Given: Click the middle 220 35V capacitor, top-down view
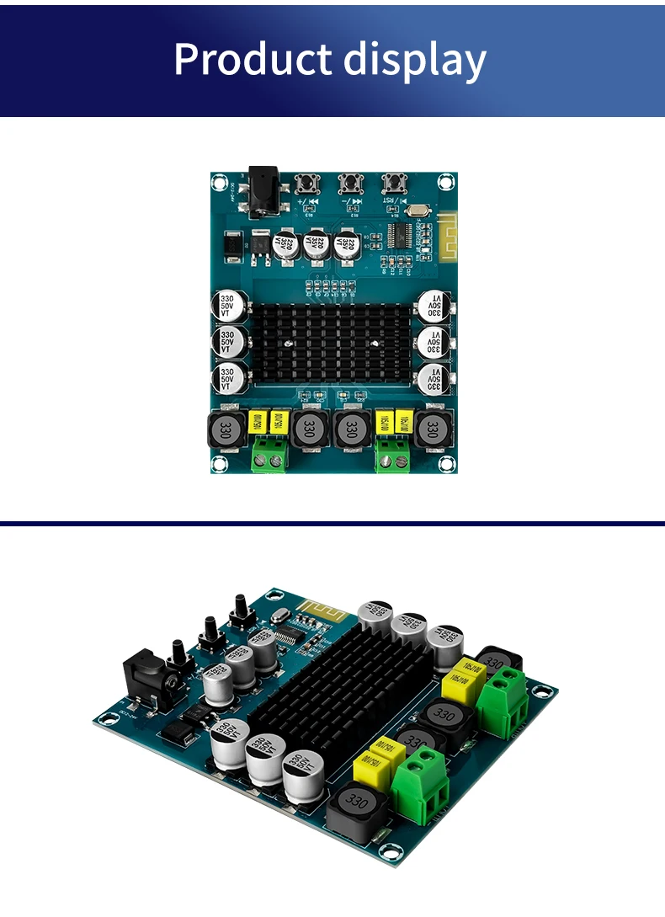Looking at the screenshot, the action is click(317, 246).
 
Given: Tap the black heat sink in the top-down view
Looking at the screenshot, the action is click(332, 344).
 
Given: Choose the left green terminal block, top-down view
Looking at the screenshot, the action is click(269, 455).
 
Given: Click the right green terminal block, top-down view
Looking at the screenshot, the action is click(393, 455).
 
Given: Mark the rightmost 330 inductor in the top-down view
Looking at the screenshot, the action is click(433, 429).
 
